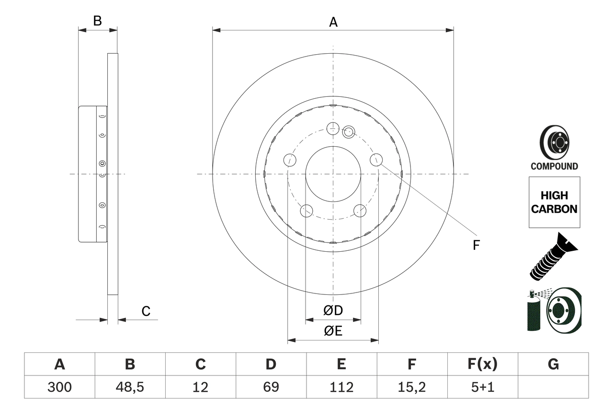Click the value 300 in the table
(59, 387)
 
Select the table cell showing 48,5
(130, 387)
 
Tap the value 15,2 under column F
(411, 387)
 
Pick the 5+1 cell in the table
(482, 387)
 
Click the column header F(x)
(482, 364)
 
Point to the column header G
(553, 364)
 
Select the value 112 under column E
(341, 387)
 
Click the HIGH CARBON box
(554, 202)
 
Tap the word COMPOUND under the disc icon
(554, 166)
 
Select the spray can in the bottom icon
(534, 313)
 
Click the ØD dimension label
(333, 310)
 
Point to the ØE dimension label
(333, 331)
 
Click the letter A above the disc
(333, 22)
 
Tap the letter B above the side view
(97, 21)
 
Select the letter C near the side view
(146, 311)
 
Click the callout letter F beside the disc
(476, 245)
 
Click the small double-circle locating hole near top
(348, 131)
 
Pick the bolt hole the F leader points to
(376, 160)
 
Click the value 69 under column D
(271, 387)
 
